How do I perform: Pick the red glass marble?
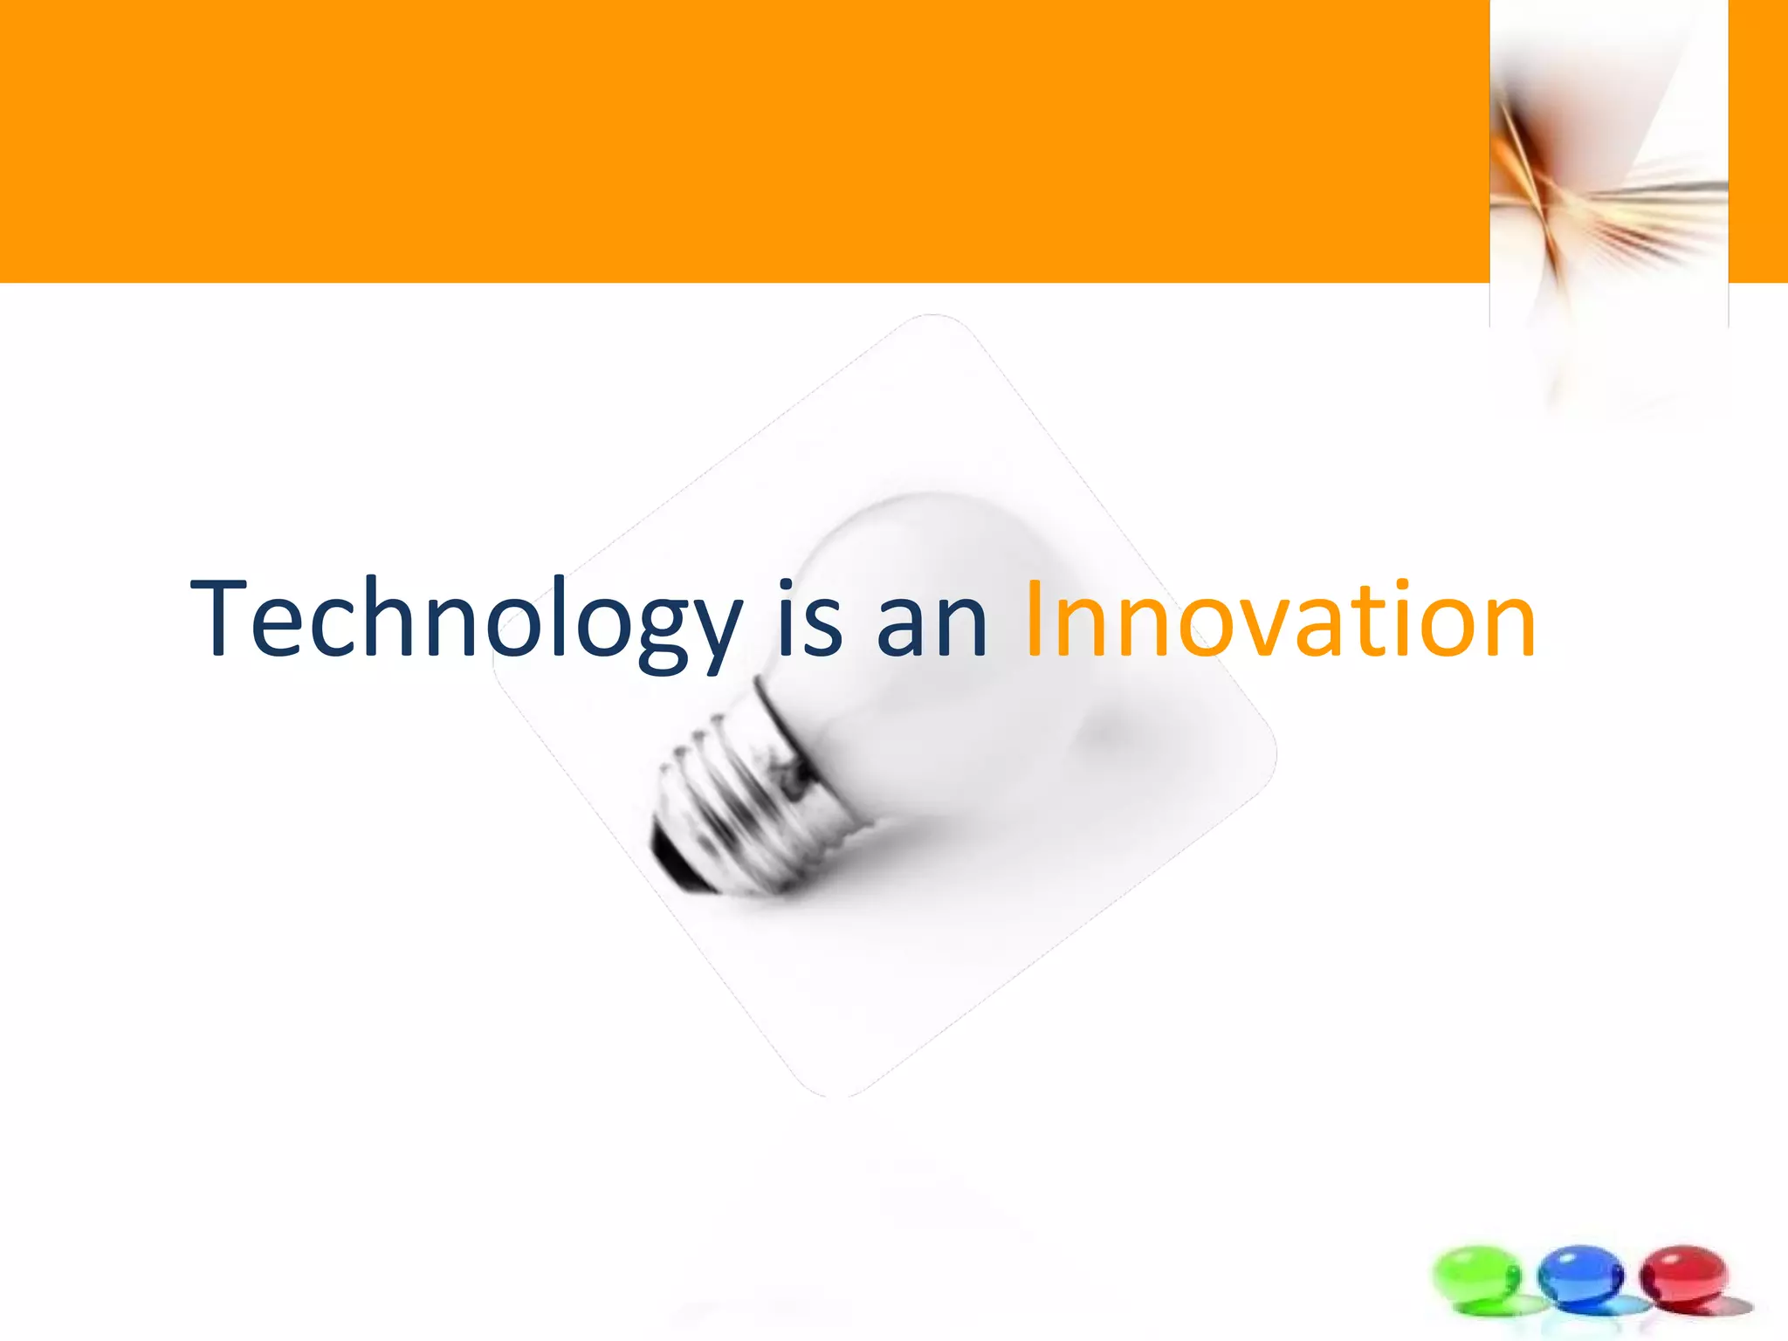click(1683, 1275)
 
